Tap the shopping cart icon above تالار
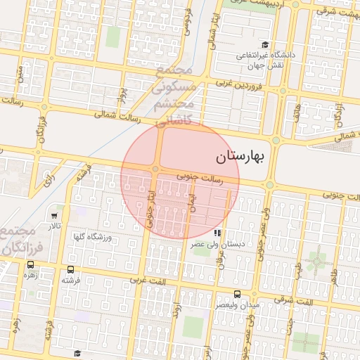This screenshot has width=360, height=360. click(55, 214)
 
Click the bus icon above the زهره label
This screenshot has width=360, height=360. click(30, 264)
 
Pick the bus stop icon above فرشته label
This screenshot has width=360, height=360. click(70, 269)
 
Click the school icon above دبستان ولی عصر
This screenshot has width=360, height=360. click(218, 233)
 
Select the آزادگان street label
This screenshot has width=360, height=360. click(340, 110)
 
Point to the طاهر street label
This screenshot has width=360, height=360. click(335, 281)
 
